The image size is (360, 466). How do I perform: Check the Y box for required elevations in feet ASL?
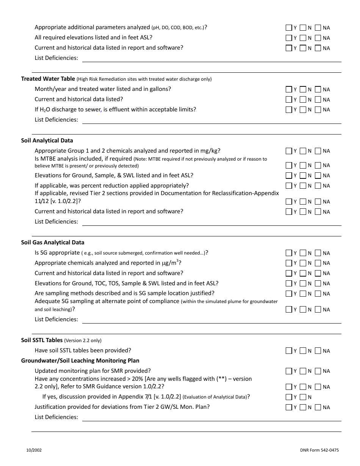[x=289, y=38]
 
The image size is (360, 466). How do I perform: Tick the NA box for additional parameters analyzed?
[x=318, y=28]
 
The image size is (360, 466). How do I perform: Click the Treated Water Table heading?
[x=48, y=79]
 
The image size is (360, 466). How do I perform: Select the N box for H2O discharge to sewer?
[x=303, y=110]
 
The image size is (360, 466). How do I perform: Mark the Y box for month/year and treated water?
[x=289, y=89]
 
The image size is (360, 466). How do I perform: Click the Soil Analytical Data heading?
[x=47, y=141]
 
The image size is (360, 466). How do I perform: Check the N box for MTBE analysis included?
[x=303, y=165]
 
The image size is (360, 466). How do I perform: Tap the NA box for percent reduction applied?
[x=318, y=186]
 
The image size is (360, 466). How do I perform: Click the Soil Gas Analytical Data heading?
[x=53, y=242]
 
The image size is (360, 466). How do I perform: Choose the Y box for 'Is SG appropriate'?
[x=289, y=253]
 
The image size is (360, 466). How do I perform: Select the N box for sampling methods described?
[x=303, y=294]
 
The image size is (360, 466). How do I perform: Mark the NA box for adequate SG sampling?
[x=318, y=310]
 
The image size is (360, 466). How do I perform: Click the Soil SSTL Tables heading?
[x=42, y=340]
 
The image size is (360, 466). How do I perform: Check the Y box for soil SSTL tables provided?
[x=289, y=351]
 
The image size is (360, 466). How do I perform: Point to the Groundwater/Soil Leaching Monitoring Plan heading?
[x=80, y=361]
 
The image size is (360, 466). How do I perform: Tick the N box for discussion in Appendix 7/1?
[x=303, y=397]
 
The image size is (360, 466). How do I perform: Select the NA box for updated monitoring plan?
[x=318, y=371]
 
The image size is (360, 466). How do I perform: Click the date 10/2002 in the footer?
[x=34, y=450]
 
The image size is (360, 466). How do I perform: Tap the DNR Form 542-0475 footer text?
[x=319, y=450]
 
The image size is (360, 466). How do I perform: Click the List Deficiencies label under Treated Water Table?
[x=56, y=120]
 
